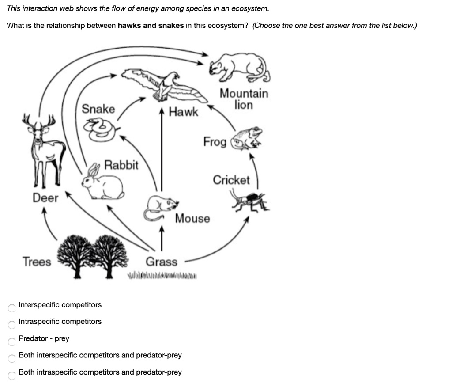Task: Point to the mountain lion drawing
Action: [x=239, y=68]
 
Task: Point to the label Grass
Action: [x=162, y=262]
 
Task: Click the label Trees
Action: [x=37, y=262]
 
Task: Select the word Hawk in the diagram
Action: [x=184, y=112]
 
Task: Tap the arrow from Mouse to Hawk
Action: [x=162, y=155]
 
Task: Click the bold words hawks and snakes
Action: [x=151, y=25]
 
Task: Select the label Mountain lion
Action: [x=244, y=99]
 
